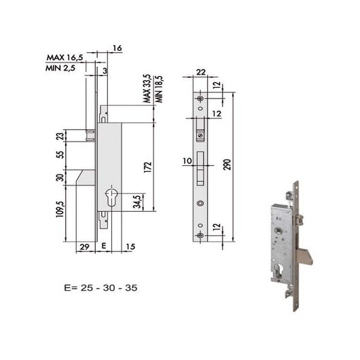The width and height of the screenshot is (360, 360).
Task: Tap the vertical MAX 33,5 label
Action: pos(146,88)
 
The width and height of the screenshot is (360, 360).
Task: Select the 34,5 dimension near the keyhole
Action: pos(139,202)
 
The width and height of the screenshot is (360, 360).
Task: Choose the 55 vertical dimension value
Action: pos(59,156)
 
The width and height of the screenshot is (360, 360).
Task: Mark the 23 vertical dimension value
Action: pos(59,136)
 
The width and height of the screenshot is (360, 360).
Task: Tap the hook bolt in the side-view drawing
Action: pos(85,179)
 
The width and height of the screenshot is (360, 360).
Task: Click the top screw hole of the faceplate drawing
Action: pos(200,100)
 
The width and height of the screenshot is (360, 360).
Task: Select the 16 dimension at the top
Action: pos(117,50)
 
